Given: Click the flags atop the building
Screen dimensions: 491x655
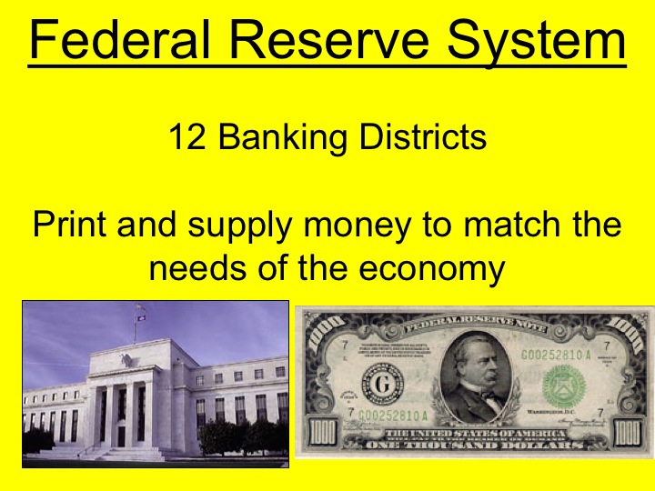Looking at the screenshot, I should click(140, 313).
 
